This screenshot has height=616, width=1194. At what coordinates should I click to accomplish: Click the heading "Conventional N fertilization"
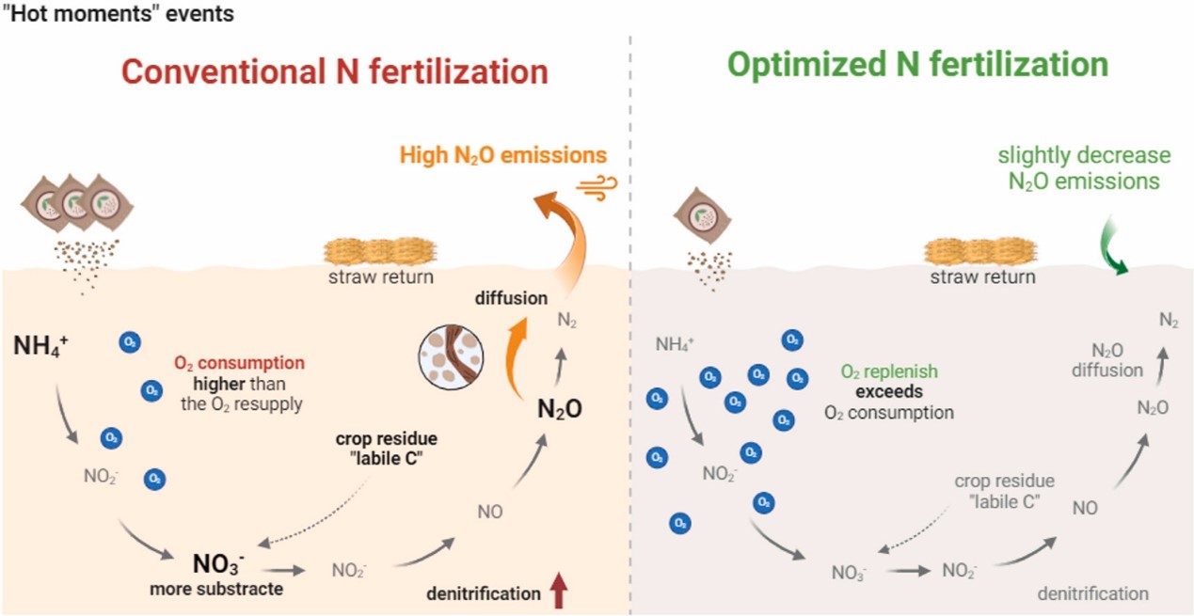(x=335, y=72)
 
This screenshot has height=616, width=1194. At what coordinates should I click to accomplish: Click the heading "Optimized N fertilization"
(x=917, y=66)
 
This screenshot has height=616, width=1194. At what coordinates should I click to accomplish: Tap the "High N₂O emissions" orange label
(x=503, y=154)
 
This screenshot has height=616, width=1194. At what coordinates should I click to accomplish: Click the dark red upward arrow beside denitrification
(x=560, y=592)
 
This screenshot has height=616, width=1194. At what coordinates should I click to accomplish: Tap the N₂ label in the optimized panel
(x=1169, y=322)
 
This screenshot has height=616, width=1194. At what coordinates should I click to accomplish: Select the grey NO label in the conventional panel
(x=490, y=512)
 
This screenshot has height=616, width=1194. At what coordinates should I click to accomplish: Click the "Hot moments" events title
(x=118, y=14)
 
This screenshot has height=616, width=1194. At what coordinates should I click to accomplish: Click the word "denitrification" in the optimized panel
(x=1092, y=593)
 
